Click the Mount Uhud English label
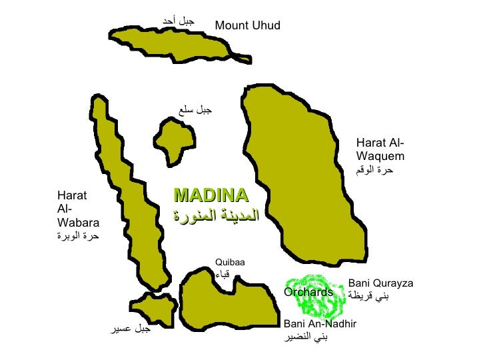coord(248,26)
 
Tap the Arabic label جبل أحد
coord(178,22)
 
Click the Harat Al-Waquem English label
coord(380,150)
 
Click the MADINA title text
coord(211,195)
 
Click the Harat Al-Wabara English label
coord(78,209)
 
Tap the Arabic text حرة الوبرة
coord(78,236)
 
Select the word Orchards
coord(308,293)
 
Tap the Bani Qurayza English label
coord(381,283)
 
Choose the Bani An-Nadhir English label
coord(320,323)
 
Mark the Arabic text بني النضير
coord(306,337)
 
